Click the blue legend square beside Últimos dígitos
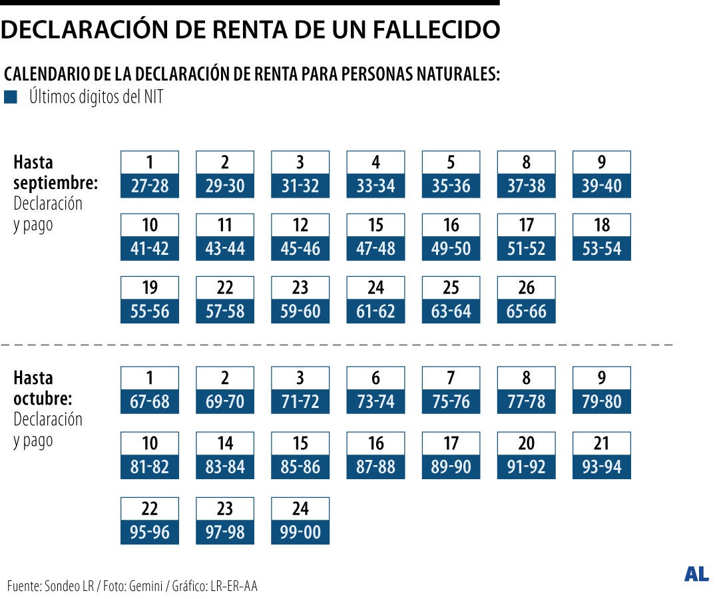pyautogui.click(x=10, y=98)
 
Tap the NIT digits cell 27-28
pyautogui.click(x=150, y=186)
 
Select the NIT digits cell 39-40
pyautogui.click(x=601, y=186)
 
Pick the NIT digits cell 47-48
pyautogui.click(x=375, y=249)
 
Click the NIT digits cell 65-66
pyautogui.click(x=526, y=311)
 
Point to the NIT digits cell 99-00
pyautogui.click(x=300, y=532)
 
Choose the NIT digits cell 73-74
pyautogui.click(x=375, y=402)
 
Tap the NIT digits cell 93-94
pyautogui.click(x=601, y=467)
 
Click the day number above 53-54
pyautogui.click(x=601, y=225)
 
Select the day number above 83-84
pyautogui.click(x=225, y=443)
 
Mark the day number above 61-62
pyautogui.click(x=375, y=288)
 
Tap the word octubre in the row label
pyautogui.click(x=43, y=399)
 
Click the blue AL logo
pyautogui.click(x=696, y=574)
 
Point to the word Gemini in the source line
pyautogui.click(x=143, y=586)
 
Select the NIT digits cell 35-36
pyautogui.click(x=451, y=186)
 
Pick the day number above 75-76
pyautogui.click(x=451, y=378)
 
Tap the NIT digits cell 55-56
pyautogui.click(x=150, y=311)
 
